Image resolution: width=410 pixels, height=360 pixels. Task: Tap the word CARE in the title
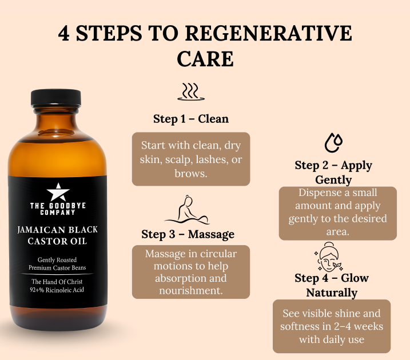point(205,59)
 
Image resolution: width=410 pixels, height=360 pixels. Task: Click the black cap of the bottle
point(56,98)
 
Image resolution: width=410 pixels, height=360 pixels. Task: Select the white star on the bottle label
point(58,192)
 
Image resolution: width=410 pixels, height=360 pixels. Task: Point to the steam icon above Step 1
point(191,91)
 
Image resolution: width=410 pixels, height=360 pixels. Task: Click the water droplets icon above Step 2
point(333,142)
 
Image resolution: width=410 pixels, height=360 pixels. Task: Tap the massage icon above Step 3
point(187,210)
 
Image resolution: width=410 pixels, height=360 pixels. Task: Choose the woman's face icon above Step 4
point(328,257)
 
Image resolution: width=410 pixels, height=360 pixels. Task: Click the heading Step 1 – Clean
point(191,119)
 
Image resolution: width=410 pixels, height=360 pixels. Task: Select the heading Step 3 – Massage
point(188,234)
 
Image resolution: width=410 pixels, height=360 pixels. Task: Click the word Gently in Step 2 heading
point(333,180)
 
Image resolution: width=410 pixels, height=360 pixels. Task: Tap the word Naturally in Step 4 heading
point(332,293)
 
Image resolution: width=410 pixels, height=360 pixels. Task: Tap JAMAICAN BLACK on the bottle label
point(58,230)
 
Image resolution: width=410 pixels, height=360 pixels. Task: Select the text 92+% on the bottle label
point(37,290)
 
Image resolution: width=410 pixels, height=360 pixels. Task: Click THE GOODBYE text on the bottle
point(58,206)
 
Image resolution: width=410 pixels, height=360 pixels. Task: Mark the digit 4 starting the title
point(64,33)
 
